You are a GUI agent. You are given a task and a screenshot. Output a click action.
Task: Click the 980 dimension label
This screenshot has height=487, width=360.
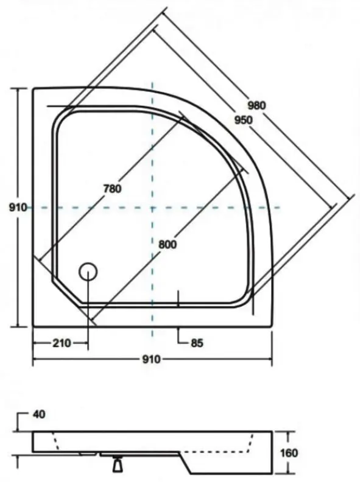tap(256, 105)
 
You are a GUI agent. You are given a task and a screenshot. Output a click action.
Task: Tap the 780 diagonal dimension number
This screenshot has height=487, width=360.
tap(112, 188)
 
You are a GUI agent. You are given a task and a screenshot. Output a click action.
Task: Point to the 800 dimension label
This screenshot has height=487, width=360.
tap(166, 245)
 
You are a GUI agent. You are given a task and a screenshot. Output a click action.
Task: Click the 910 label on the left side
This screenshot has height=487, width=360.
tap(17, 208)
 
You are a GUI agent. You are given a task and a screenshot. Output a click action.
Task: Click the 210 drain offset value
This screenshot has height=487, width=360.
tap(61, 343)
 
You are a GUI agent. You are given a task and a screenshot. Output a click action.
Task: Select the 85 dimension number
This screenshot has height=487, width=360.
tap(196, 343)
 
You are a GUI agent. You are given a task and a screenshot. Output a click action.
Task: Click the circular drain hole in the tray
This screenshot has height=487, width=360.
tap(89, 272)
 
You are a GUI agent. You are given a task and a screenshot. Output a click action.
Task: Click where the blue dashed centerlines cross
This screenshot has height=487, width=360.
tap(152, 208)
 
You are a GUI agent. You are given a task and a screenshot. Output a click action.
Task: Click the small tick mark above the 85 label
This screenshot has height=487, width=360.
tap(177, 298)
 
